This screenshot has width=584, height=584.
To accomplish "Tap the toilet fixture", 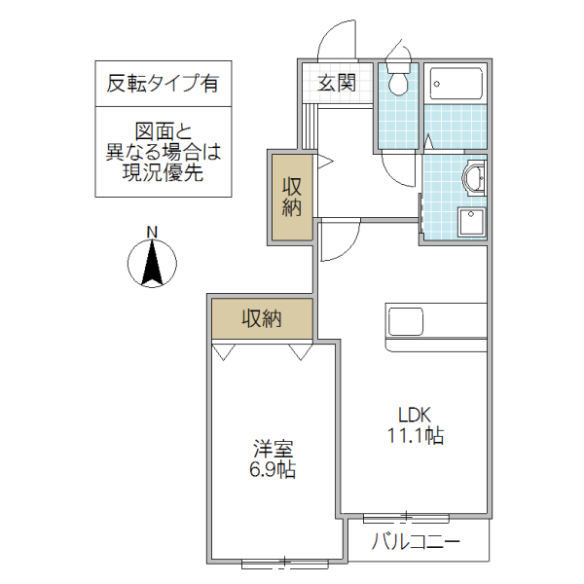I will pyautogui.click(x=398, y=79).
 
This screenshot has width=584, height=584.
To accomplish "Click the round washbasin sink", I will pyautogui.click(x=474, y=178).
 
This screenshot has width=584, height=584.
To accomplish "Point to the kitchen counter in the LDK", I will pyautogui.click(x=436, y=319).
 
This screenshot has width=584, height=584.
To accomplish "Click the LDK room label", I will pyautogui.click(x=412, y=412).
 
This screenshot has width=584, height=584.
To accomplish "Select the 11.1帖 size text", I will pyautogui.click(x=412, y=435).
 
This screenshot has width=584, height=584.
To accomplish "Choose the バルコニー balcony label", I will pyautogui.click(x=417, y=542).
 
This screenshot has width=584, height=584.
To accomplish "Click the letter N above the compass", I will pyautogui.click(x=152, y=231).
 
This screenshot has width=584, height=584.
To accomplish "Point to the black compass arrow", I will pyautogui.click(x=152, y=263).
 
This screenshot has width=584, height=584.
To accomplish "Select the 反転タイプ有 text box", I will pyautogui.click(x=164, y=84).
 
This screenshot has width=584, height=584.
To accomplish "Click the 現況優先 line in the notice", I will pyautogui.click(x=164, y=174).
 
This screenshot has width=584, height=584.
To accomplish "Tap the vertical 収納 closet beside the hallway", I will pyautogui.click(x=292, y=196).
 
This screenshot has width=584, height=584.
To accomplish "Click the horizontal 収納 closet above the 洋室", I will pyautogui.click(x=262, y=317).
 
